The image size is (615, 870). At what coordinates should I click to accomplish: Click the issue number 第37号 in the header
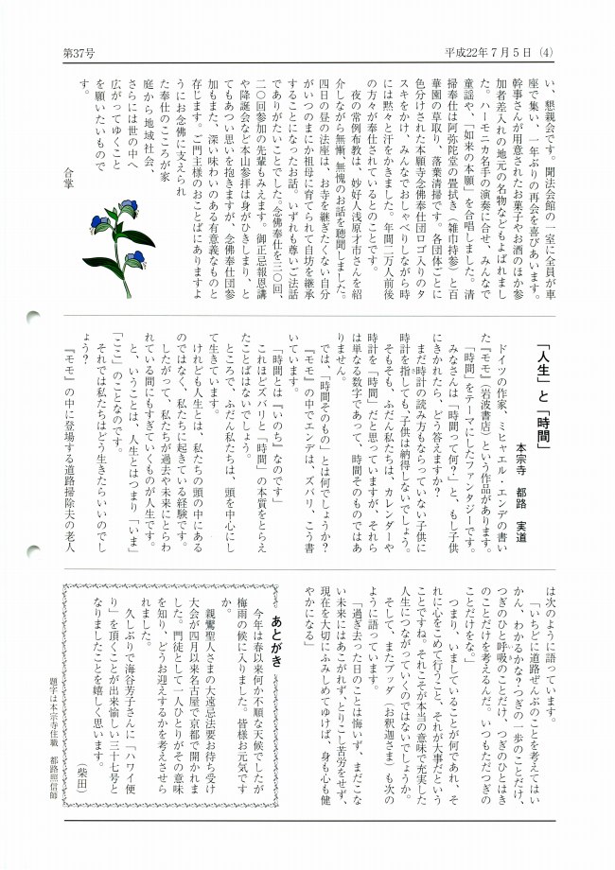coord(79,53)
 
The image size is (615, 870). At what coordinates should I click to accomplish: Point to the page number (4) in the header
coord(546,53)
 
